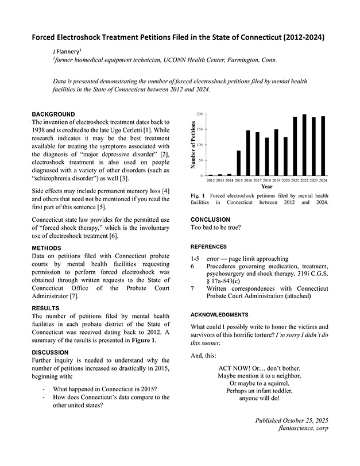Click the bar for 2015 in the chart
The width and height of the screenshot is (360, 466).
pos(238,163)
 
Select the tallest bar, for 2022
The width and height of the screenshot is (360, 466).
pos(304,145)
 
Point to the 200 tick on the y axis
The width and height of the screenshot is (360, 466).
pos(199,114)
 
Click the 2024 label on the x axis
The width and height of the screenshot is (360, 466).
pos(323,180)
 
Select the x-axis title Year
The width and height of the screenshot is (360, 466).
pos(266,187)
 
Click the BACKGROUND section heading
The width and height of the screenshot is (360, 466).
pos(53,114)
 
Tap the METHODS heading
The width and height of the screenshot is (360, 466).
pos(47,248)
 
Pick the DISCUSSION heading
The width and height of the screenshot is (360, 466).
pos(51,352)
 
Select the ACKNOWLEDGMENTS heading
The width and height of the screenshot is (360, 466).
pos(219,315)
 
